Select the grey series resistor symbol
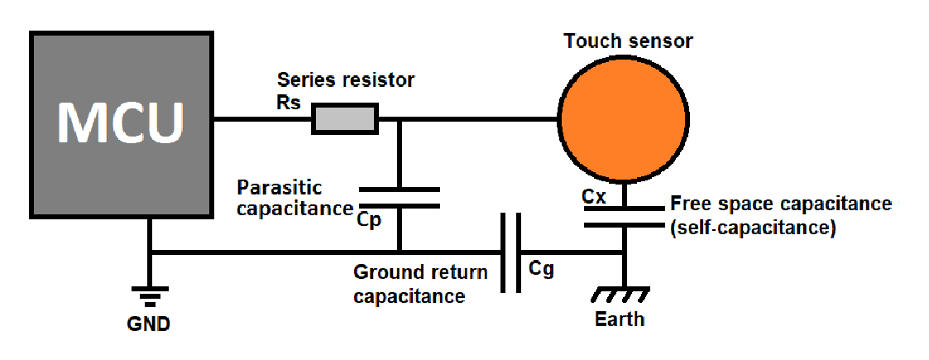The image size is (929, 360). (x=345, y=119)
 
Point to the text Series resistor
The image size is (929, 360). (x=345, y=80)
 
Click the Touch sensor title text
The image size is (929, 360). (x=628, y=41)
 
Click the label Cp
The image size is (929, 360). (x=371, y=222)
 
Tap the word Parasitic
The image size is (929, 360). (x=279, y=187)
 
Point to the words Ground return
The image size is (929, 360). (x=420, y=272)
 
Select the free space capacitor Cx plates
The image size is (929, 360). (x=624, y=214)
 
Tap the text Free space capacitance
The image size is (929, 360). (x=781, y=204)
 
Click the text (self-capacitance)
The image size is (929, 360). (x=752, y=227)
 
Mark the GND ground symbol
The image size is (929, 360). (x=150, y=295)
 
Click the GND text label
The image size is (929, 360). (x=150, y=324)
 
